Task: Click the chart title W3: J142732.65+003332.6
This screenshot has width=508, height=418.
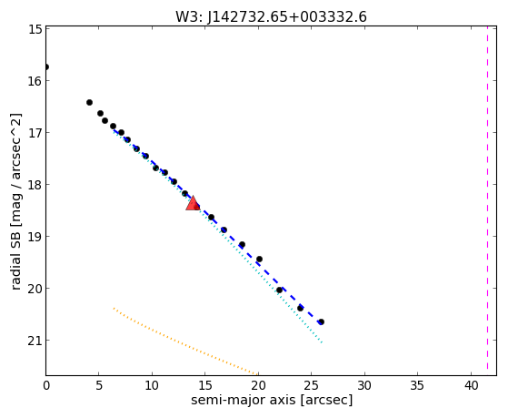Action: tap(271, 16)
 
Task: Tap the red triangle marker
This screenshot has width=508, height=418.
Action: tap(193, 204)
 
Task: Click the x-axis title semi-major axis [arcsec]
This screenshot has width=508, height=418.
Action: tap(272, 400)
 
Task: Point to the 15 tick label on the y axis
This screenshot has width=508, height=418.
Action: tap(35, 29)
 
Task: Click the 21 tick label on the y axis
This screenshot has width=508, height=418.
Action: tap(35, 340)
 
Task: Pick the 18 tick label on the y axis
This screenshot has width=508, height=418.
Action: tap(35, 185)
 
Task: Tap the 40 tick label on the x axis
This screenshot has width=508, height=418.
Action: tap(471, 385)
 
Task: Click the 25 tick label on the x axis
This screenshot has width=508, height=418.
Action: tap(312, 385)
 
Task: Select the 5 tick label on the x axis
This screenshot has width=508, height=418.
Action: tap(99, 385)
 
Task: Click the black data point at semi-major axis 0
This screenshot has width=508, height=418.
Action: tap(46, 66)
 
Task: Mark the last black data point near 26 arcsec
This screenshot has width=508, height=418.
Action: tap(321, 321)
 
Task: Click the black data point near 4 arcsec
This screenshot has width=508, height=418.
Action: tap(89, 102)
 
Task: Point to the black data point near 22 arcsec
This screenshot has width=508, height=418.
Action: tap(279, 290)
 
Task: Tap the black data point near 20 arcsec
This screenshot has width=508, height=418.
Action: tap(259, 259)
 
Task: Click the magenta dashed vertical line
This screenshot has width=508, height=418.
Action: tap(487, 200)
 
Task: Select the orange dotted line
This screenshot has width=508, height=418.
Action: tap(185, 342)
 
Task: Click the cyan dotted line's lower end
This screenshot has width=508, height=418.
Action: tap(322, 342)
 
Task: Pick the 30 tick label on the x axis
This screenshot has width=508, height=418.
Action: tap(364, 385)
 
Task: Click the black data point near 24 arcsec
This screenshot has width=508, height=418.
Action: tap(300, 308)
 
